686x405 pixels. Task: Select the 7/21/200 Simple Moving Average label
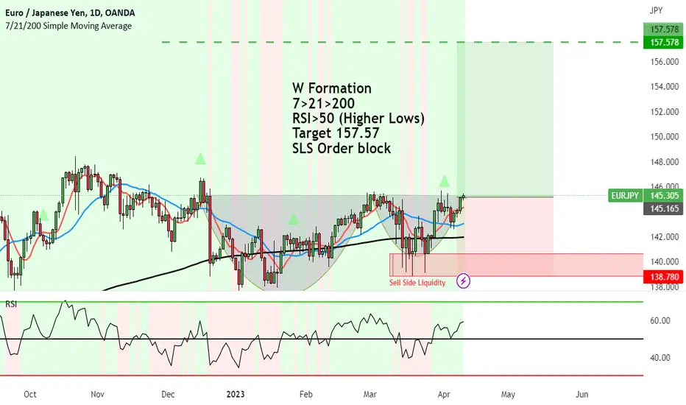click(x=68, y=26)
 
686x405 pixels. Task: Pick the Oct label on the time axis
click(x=30, y=394)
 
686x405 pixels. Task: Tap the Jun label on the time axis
click(x=582, y=394)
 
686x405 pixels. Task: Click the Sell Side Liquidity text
click(x=417, y=283)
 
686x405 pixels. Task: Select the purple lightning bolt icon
click(x=464, y=281)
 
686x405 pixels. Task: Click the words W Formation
click(x=332, y=88)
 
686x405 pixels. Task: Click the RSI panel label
click(x=11, y=304)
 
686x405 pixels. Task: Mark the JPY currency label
click(x=656, y=12)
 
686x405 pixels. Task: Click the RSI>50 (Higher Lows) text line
click(x=358, y=118)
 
